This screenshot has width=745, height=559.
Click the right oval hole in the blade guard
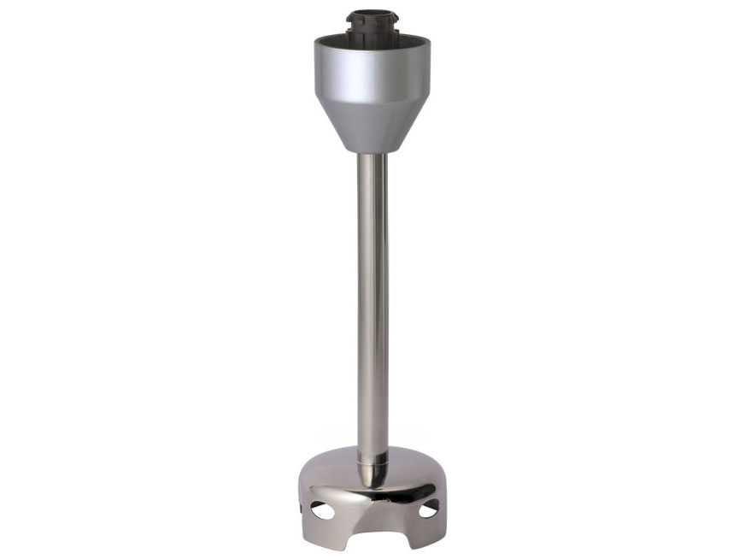(427, 509)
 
